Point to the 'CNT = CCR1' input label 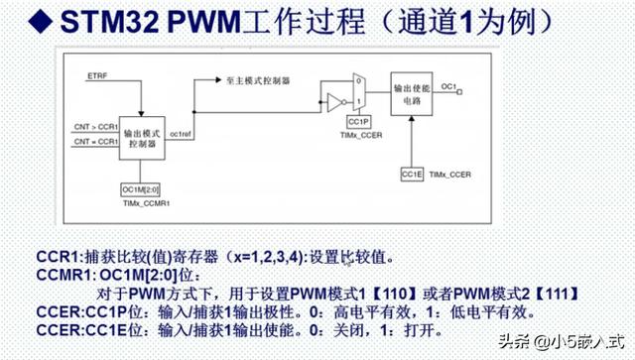94,142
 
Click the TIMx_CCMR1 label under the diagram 140,202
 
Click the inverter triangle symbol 333,99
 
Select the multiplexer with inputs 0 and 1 359,94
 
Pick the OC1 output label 447,87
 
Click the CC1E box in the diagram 412,175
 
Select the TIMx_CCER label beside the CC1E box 452,175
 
